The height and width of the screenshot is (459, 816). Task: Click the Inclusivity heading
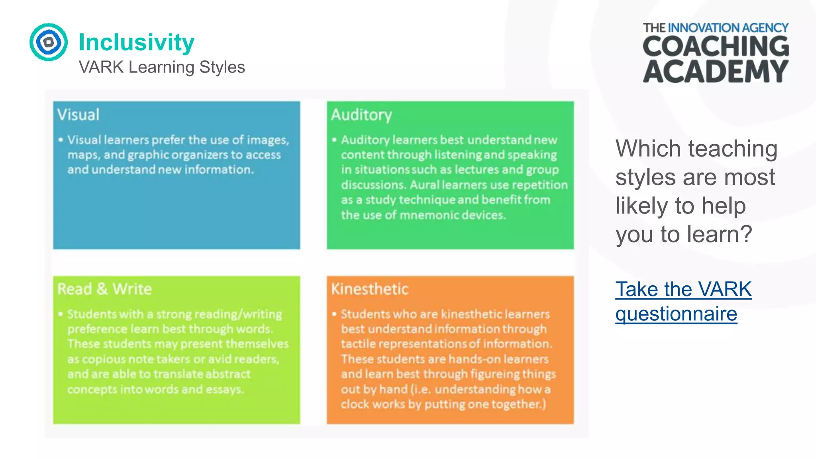click(136, 42)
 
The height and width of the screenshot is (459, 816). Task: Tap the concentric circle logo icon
click(49, 42)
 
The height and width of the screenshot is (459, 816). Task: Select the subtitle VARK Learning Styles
click(162, 67)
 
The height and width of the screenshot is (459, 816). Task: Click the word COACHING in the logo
click(716, 47)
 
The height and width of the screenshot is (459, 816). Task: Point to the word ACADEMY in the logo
click(716, 72)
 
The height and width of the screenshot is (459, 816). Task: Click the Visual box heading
click(78, 115)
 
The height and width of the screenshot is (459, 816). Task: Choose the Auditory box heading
click(361, 115)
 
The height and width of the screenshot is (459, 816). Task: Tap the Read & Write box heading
click(104, 289)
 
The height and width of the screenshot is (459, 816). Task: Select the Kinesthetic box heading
click(370, 289)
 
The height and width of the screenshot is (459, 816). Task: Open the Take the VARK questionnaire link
click(683, 301)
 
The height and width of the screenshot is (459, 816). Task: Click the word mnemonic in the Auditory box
click(425, 215)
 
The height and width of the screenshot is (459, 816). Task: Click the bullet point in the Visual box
click(61, 140)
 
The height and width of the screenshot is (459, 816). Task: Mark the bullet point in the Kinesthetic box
click(334, 314)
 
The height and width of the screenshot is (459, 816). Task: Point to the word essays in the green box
click(224, 389)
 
